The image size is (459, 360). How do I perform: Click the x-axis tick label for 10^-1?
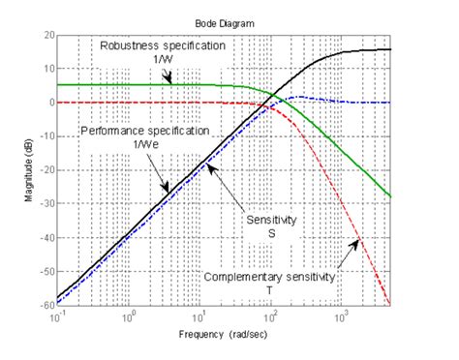coord(57,316)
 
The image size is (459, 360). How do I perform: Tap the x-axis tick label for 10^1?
coord(199,316)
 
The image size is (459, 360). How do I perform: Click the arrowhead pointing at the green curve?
coord(169,84)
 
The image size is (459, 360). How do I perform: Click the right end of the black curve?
coord(390,49)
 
